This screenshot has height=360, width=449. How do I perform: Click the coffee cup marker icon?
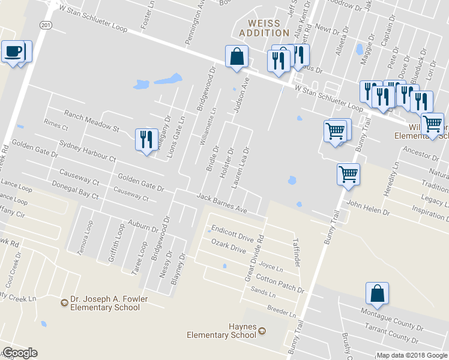coord(13,52)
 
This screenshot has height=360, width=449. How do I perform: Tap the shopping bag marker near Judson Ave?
coord(237,56)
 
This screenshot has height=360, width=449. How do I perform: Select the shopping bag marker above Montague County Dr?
coord(377,293)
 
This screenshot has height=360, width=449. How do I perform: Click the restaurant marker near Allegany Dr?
coord(146,139)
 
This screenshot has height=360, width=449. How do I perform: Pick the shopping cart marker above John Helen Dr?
coord(348,174)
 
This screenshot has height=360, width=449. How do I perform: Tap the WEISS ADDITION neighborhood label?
coord(260,28)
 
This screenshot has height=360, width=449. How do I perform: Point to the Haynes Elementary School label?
coord(221,331)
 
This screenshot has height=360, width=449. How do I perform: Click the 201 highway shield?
coord(47,25)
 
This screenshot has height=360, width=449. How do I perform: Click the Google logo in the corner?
coord(20,353)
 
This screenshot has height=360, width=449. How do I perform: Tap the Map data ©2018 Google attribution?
coord(411,355)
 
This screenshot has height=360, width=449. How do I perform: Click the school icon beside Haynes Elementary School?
coord(262,331)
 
